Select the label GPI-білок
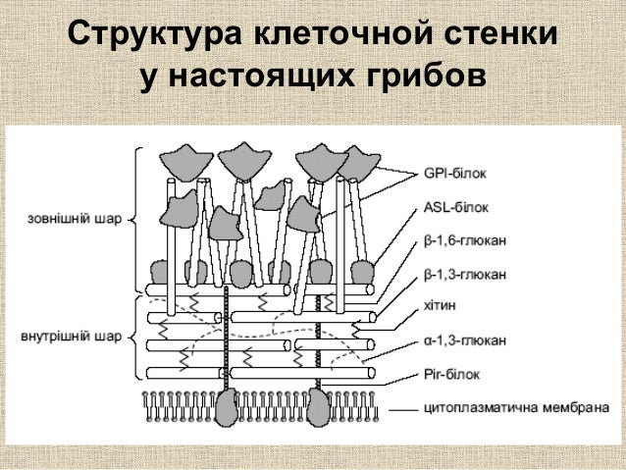pos(455,174)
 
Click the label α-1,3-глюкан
pos(466,340)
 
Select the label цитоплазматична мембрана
pos(501,407)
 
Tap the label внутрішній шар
pos(72,337)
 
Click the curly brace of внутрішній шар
pos(135,337)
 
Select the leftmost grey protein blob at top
pos(181,158)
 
